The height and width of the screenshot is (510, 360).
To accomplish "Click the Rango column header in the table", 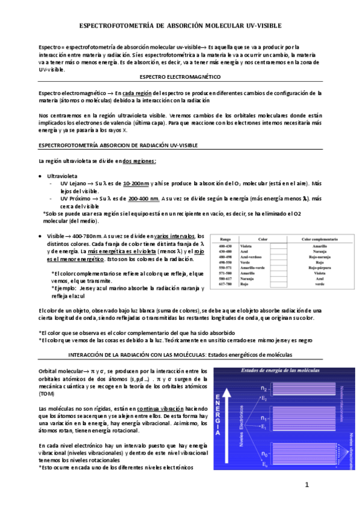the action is (x=226, y=238).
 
